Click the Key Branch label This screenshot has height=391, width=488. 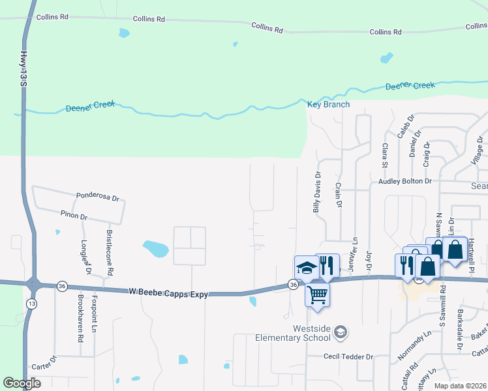tap(328, 104)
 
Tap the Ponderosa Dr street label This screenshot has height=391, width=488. tap(98, 195)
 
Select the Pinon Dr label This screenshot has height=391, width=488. tap(74, 215)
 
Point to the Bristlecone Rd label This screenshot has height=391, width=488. tap(110, 251)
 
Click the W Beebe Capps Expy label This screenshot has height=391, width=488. tap(168, 294)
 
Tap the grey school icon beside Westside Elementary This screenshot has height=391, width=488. tap(339, 333)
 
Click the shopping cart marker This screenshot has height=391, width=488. tap(317, 295)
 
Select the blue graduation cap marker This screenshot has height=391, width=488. tap(305, 268)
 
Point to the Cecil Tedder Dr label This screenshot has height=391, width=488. tap(348, 356)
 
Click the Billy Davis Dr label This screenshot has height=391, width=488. tap(317, 193)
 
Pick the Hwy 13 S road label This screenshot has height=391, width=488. tap(23, 68)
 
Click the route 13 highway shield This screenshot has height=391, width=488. tap(31, 304)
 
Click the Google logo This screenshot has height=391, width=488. tap(22, 383)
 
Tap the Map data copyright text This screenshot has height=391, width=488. tap(459, 386)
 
